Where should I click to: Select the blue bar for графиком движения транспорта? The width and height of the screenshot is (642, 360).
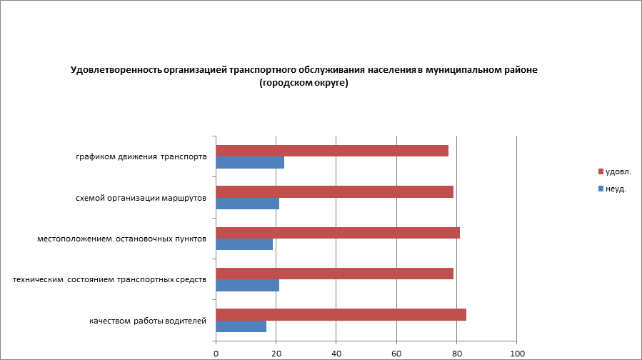(250, 163)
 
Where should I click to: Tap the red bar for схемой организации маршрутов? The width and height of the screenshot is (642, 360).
(334, 191)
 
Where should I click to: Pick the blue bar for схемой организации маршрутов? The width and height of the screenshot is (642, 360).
(247, 204)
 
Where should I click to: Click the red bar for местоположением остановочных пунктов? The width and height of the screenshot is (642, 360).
(338, 233)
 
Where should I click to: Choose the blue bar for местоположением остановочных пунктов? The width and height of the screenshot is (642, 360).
(244, 244)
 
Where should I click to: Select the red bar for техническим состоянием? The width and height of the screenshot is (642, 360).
(334, 274)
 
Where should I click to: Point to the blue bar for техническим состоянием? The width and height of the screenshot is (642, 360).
(247, 286)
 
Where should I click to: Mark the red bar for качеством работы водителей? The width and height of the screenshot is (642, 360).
(341, 314)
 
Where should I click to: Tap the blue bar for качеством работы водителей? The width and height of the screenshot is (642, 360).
(241, 326)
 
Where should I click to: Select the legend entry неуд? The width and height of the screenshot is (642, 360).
(616, 189)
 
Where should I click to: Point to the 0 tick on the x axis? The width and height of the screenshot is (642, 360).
(216, 353)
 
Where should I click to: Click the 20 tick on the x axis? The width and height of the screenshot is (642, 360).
(276, 353)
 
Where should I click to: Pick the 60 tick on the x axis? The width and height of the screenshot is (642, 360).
(396, 353)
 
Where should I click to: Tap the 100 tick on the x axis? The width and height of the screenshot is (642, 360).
(517, 353)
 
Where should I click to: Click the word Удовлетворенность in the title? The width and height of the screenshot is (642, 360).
(115, 70)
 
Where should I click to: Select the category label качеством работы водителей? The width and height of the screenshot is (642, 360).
(148, 321)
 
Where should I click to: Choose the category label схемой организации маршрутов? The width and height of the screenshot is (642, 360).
(141, 198)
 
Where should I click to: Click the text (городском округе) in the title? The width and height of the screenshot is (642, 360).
(304, 84)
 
